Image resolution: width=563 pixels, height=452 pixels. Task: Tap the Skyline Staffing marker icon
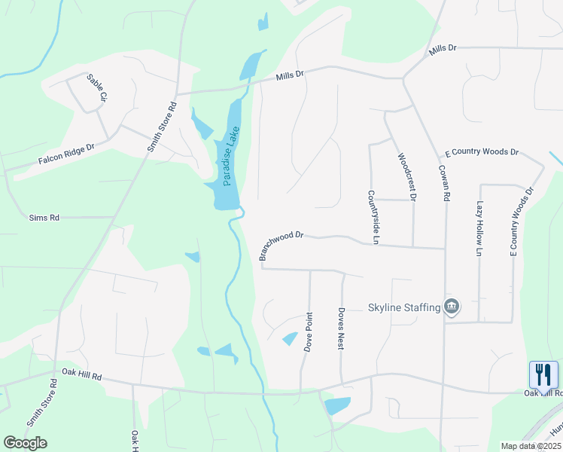(452, 307)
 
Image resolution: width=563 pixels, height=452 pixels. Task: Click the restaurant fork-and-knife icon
(543, 374)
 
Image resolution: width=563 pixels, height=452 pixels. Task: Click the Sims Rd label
(44, 218)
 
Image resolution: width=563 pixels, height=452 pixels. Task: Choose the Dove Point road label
(308, 332)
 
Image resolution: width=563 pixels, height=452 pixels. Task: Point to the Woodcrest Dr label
(406, 177)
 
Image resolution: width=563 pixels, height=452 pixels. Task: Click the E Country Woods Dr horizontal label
(482, 152)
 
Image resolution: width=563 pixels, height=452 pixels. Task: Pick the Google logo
(25, 442)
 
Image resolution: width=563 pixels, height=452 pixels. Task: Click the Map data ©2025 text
(530, 446)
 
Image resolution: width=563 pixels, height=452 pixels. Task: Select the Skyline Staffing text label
(403, 307)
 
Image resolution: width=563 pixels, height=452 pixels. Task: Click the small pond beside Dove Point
(289, 339)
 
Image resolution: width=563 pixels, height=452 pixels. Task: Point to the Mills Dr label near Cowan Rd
(443, 50)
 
